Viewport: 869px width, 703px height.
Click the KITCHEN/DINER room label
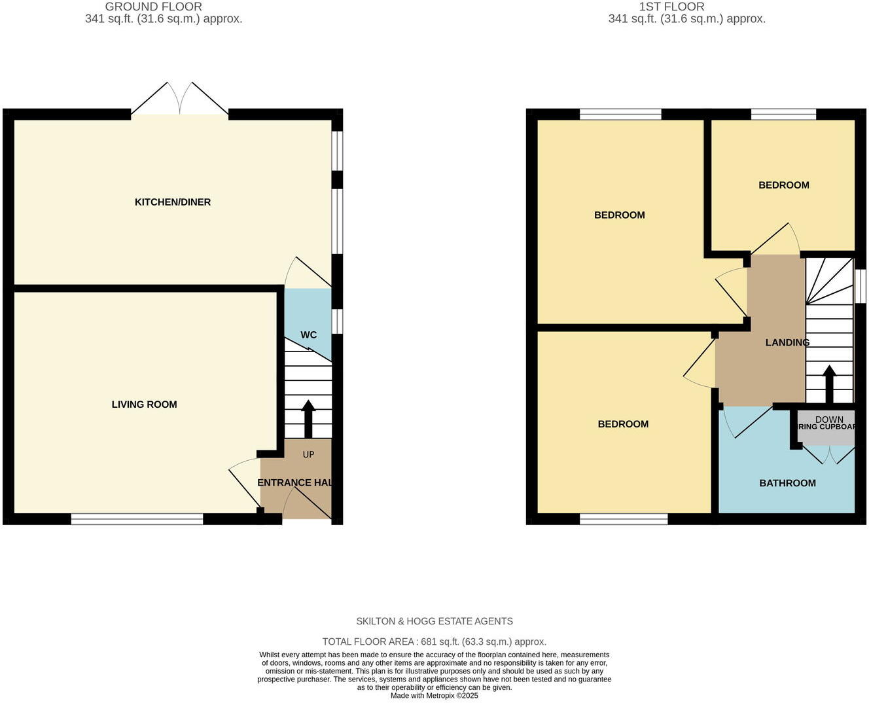point(173,202)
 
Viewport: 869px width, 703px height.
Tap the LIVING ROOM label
point(144,405)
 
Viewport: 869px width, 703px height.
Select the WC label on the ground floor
point(308,335)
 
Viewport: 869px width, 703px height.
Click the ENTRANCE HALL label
point(294,483)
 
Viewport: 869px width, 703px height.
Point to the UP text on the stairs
point(308,454)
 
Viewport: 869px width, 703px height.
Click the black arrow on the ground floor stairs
point(308,419)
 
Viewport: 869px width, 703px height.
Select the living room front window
point(137,519)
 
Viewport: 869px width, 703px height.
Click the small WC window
point(337,321)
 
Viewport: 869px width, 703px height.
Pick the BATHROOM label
point(787,483)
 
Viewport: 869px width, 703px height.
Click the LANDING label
point(787,342)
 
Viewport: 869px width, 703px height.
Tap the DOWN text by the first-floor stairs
point(829,420)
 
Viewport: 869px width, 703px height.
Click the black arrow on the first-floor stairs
point(829,384)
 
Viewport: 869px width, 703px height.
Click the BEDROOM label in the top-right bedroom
point(783,185)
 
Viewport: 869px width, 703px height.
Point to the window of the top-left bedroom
point(620,115)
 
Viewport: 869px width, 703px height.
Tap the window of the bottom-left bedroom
point(624,519)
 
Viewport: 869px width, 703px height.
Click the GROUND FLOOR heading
point(153,7)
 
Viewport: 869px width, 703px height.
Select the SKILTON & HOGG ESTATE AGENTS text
point(434,621)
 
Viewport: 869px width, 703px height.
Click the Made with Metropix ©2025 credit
point(434,696)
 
